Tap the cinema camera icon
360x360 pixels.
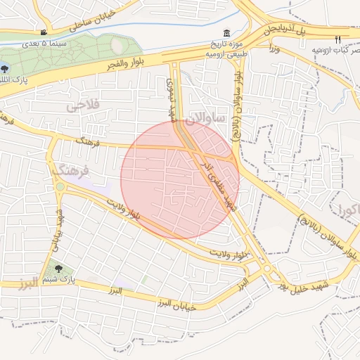44,32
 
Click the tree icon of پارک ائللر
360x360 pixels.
6,68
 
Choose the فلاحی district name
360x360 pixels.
84,105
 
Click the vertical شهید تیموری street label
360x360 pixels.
170,100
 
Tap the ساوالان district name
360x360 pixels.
205,119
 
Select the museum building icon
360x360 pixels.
226,33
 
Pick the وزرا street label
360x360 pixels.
274,49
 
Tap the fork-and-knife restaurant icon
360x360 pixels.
337,39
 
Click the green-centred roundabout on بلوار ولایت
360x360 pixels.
60,187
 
